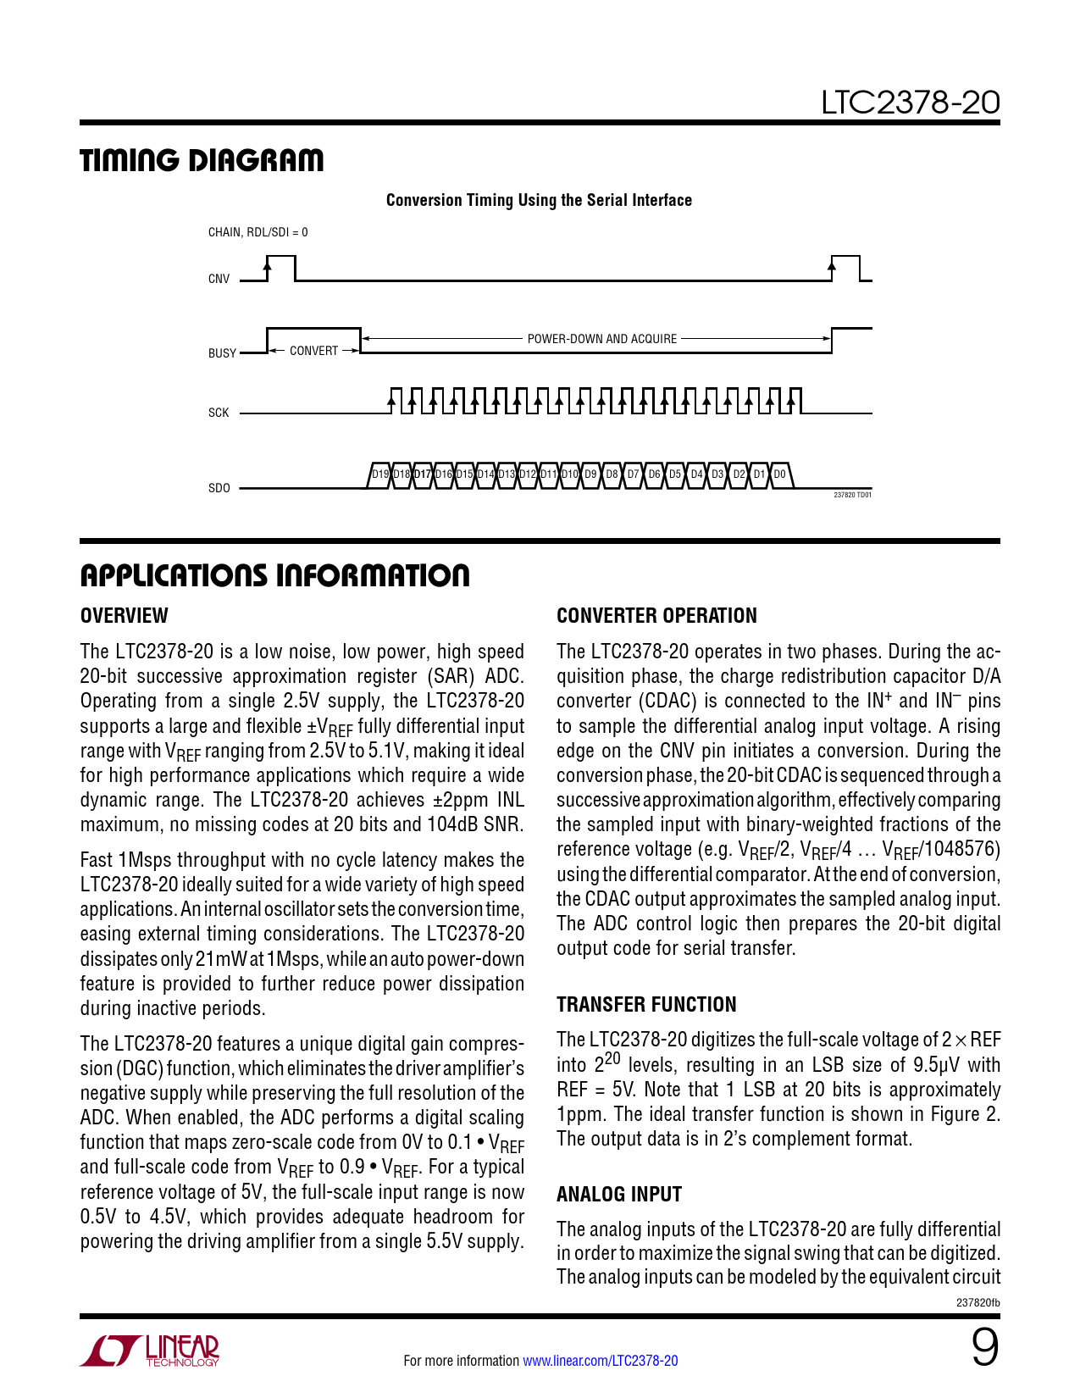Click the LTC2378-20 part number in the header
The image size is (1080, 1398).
point(910,103)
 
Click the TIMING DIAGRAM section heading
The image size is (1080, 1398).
point(202,160)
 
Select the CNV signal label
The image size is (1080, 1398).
point(219,279)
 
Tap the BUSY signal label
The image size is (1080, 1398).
point(222,353)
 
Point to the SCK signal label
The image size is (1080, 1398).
point(219,413)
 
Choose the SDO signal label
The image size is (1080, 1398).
point(219,488)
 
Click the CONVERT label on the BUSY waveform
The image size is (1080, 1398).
point(313,351)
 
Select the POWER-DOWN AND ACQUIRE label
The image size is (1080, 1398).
point(601,339)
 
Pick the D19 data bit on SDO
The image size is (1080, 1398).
point(380,474)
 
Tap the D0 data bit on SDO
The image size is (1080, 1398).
point(780,474)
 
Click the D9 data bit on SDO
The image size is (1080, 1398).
point(590,474)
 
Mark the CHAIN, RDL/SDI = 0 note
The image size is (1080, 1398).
point(258,232)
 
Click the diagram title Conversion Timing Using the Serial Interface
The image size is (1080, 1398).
point(539,200)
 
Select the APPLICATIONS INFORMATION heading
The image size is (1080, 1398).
point(274,575)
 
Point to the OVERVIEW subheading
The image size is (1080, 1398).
point(124,616)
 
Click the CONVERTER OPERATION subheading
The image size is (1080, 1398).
point(656,616)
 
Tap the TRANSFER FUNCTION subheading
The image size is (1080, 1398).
point(646,1005)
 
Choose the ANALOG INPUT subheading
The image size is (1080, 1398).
point(619,1195)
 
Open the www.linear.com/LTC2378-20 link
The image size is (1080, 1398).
point(600,1361)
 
